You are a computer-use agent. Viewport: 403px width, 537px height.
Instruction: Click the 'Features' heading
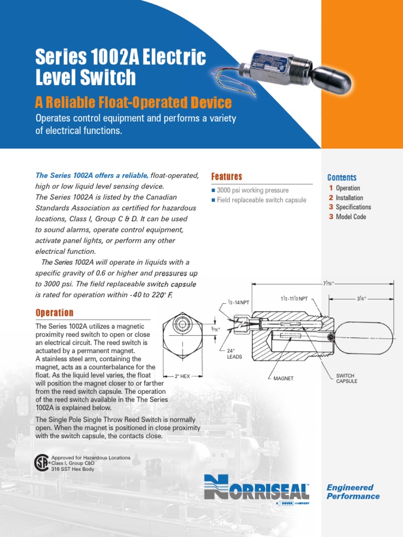[226, 177]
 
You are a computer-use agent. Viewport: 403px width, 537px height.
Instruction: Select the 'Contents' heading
[342, 178]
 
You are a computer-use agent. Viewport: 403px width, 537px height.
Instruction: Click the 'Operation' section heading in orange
[55, 313]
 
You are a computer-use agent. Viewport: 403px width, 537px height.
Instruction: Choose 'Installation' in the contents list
[349, 198]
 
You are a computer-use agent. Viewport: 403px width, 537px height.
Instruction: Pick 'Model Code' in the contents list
[351, 217]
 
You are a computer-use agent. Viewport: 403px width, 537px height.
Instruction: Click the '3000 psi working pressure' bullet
[252, 190]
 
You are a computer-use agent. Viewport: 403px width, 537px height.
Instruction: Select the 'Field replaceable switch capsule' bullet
[261, 200]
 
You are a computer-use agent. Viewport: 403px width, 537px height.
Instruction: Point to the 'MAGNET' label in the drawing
[283, 378]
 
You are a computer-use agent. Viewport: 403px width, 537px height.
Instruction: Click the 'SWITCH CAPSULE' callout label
[346, 378]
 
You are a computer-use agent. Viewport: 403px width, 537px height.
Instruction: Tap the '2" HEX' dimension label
[182, 376]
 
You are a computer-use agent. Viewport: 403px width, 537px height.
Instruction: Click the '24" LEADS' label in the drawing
[234, 353]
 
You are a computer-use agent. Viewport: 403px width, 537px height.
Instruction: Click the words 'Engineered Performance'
[353, 492]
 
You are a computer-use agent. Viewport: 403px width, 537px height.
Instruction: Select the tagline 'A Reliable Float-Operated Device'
[133, 102]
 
